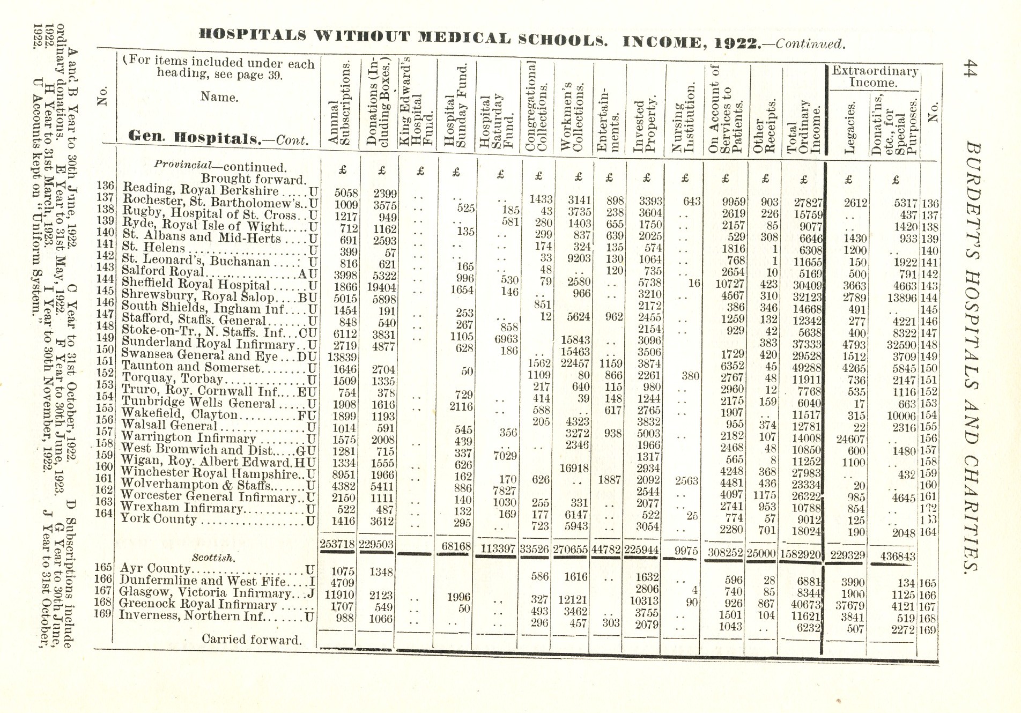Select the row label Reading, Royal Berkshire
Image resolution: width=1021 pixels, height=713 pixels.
(201, 190)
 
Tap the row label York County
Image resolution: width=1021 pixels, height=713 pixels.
(158, 519)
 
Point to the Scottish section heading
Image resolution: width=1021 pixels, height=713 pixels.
(213, 558)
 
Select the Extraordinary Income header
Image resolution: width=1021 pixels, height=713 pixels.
(874, 77)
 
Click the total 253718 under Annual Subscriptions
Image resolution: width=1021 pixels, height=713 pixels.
(338, 544)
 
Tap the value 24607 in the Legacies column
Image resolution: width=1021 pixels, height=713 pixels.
(850, 439)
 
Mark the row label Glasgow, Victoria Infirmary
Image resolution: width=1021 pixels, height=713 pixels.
(205, 592)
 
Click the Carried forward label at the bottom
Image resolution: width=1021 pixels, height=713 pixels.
(251, 639)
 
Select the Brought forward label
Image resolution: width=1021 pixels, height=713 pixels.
(253, 179)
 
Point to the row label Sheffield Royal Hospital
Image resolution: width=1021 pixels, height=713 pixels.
(196, 284)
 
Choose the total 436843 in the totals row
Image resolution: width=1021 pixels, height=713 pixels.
(893, 556)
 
